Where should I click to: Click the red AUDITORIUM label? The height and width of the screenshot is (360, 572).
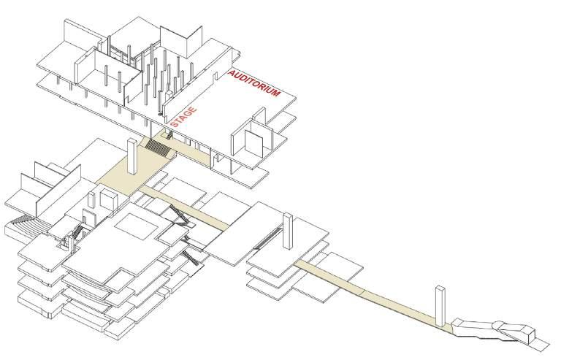[x=254, y=86]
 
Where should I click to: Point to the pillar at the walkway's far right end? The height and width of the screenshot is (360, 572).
[x=441, y=306]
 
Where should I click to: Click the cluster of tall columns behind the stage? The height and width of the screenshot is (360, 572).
[x=157, y=80]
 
